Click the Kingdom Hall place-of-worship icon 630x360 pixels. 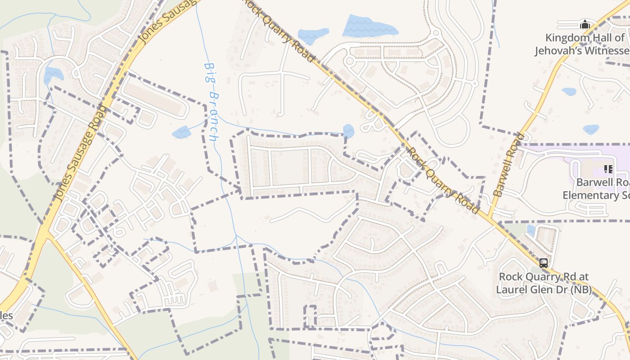tap(585, 24)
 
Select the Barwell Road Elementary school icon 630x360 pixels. tap(608, 169)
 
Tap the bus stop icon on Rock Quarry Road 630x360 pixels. tap(544, 263)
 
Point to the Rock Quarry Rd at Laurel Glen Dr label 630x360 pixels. tap(543, 283)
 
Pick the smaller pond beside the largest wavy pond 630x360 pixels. tap(313, 36)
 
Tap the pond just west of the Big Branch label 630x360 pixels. tap(182, 132)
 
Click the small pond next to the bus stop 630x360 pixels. tap(531, 230)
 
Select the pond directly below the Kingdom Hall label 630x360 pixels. tap(569, 91)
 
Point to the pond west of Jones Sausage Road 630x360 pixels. tap(52, 75)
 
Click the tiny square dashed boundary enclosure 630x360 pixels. tap(310, 316)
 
